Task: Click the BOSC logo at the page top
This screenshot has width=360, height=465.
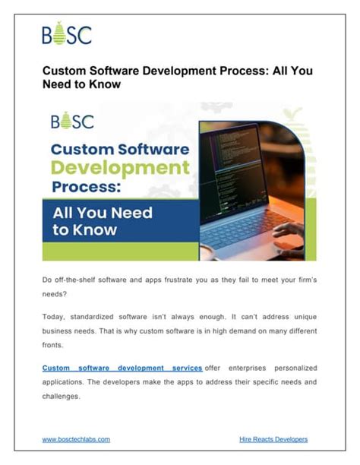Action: [x=67, y=34]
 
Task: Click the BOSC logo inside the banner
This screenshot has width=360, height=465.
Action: [x=72, y=122]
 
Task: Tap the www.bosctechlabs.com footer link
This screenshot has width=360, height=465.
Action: [x=76, y=439]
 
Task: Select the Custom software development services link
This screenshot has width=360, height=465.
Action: [x=122, y=368]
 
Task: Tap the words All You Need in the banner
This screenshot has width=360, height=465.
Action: [x=103, y=213]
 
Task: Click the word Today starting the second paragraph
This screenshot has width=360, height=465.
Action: [x=55, y=315]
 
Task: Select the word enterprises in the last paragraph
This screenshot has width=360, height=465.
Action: [x=247, y=368]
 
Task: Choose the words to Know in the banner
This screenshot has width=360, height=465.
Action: [x=85, y=230]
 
